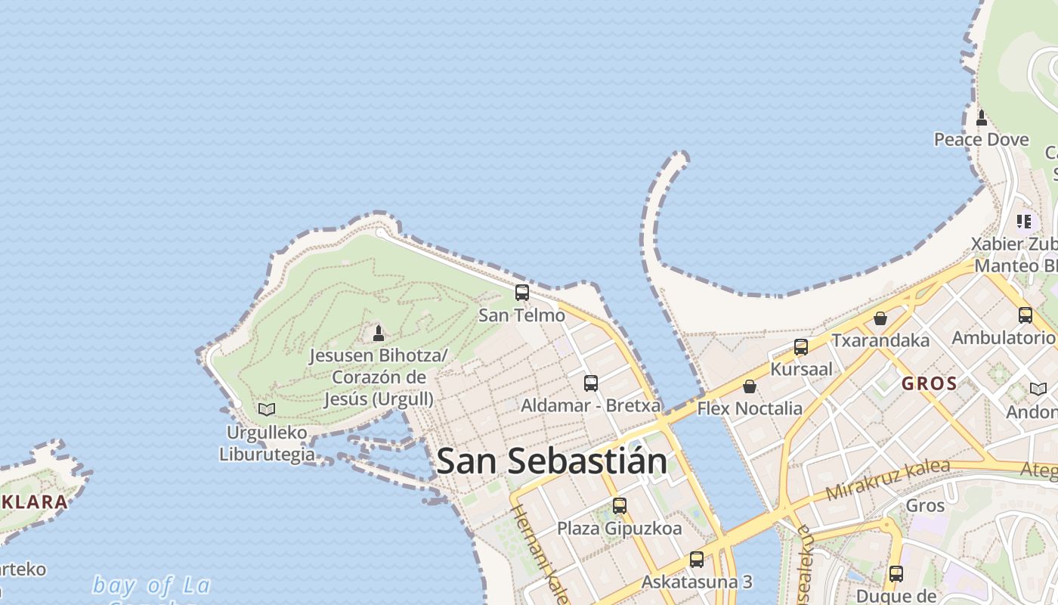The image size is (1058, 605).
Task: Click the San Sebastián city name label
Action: coord(552,461)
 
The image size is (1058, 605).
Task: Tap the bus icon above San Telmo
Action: coord(522,293)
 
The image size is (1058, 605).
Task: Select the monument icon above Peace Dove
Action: coord(982,118)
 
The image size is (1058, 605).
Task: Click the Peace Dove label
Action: coord(982,140)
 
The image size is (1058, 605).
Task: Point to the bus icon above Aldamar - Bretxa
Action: coord(591,383)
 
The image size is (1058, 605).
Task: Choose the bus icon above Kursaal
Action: coord(801,347)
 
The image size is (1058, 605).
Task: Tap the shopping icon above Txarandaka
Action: coord(880,318)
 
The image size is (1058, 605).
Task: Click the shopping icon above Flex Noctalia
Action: coord(750,386)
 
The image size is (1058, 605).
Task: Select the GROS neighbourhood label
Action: coord(930,383)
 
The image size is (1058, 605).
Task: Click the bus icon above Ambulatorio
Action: coord(1026,315)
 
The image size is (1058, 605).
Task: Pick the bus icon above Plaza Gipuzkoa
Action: coord(620,506)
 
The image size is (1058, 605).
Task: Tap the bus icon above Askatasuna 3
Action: coord(697,560)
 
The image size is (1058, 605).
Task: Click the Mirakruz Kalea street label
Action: coord(887,479)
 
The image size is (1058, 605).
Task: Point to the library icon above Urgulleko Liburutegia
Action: coord(267,409)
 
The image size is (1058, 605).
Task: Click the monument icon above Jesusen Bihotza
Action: coord(379,333)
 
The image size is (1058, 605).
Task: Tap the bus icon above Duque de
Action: coord(896,574)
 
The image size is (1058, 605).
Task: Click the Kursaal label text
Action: coord(801,369)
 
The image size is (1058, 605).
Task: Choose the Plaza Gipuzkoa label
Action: coord(620,528)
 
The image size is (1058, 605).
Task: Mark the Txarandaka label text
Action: coord(880,340)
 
